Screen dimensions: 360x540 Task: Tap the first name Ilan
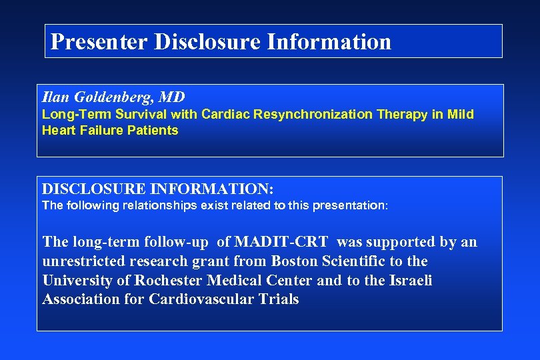55,97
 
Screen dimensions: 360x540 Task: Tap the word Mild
460,114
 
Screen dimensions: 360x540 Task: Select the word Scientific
349,261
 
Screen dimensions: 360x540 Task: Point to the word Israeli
411,280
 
